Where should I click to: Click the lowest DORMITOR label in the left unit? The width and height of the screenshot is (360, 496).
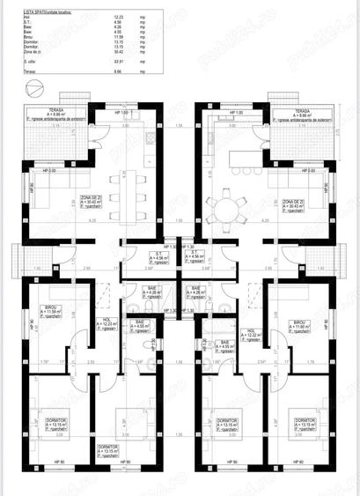coord(107,448)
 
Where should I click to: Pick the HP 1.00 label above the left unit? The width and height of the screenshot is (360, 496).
coord(122,113)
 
